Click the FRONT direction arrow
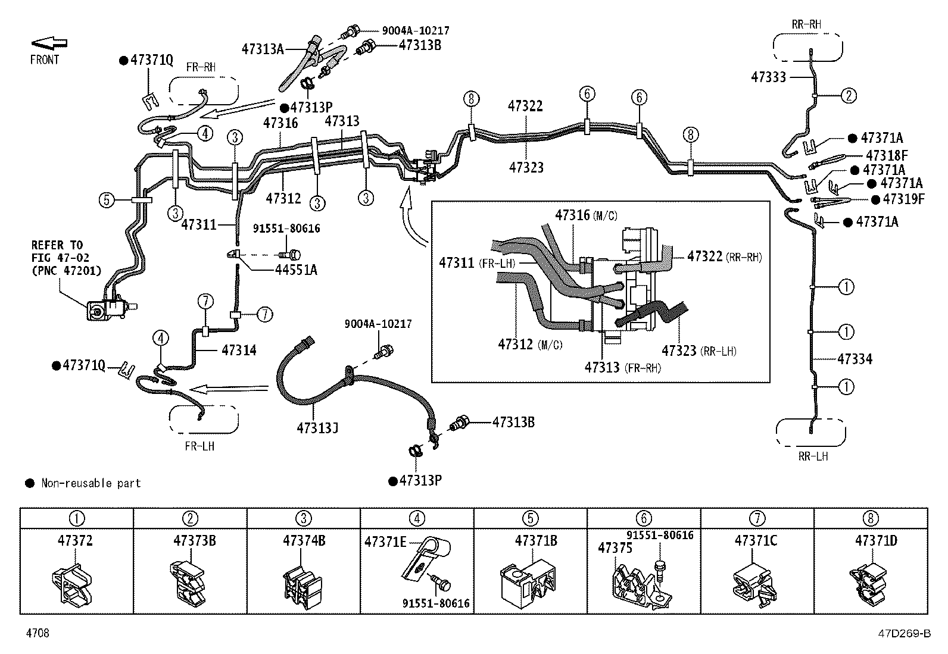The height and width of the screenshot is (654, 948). [49, 43]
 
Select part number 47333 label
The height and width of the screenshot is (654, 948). [769, 77]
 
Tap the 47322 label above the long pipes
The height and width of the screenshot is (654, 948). [525, 106]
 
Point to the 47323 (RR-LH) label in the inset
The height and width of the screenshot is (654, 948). [698, 351]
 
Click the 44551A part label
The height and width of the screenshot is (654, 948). [297, 270]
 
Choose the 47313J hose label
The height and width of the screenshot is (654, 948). [317, 428]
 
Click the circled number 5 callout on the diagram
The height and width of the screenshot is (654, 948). [107, 200]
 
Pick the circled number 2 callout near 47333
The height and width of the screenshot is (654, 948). [849, 96]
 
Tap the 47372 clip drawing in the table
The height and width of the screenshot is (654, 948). [72, 585]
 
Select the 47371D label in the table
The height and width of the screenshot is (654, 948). [876, 540]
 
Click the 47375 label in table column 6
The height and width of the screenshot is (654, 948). [615, 548]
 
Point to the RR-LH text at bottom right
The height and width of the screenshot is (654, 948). [813, 456]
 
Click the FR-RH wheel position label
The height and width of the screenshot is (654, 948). [201, 67]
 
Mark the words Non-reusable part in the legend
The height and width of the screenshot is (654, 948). [91, 483]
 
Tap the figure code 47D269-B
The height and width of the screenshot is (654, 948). [905, 633]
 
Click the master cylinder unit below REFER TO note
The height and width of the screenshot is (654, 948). [111, 310]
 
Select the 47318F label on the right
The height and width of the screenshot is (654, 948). [887, 155]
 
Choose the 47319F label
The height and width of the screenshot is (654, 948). [903, 199]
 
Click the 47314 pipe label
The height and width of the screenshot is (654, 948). [239, 350]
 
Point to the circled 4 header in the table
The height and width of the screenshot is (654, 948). [417, 518]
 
